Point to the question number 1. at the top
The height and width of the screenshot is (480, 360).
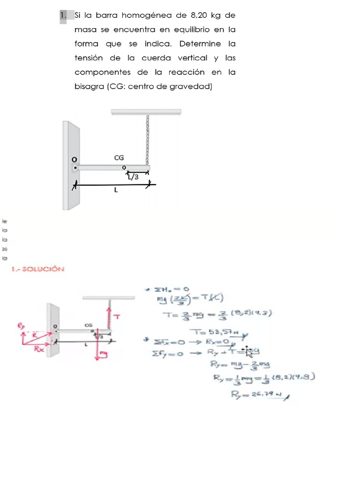(x=64, y=15)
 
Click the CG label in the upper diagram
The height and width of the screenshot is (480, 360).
(x=119, y=158)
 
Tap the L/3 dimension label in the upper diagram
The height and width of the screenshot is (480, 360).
(x=133, y=177)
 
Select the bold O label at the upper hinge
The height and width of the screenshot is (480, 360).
(x=74, y=159)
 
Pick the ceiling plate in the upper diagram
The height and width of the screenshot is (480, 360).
(x=146, y=112)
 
